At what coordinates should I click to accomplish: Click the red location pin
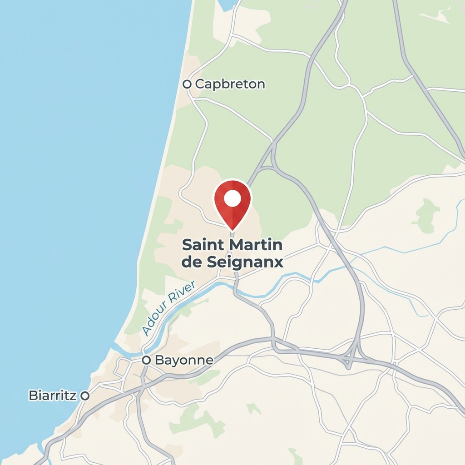pos(232,202)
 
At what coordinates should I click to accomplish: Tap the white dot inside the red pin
pos(232,198)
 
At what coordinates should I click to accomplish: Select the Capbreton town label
pos(230,84)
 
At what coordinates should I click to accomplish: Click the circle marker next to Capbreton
pos(186,84)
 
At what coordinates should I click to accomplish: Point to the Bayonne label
pos(184,360)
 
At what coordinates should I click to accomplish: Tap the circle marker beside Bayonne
pos(146,360)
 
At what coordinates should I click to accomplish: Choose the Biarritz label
pos(53,395)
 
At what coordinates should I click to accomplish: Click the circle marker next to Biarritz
pos(84,396)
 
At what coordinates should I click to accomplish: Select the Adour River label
pos(168,308)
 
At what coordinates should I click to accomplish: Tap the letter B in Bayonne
pos(159,360)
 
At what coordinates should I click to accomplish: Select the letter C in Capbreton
pos(200,84)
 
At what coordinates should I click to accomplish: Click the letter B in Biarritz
pos(33,395)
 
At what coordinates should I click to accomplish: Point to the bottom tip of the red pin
pos(232,229)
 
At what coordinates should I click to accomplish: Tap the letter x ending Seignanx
pos(278,263)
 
